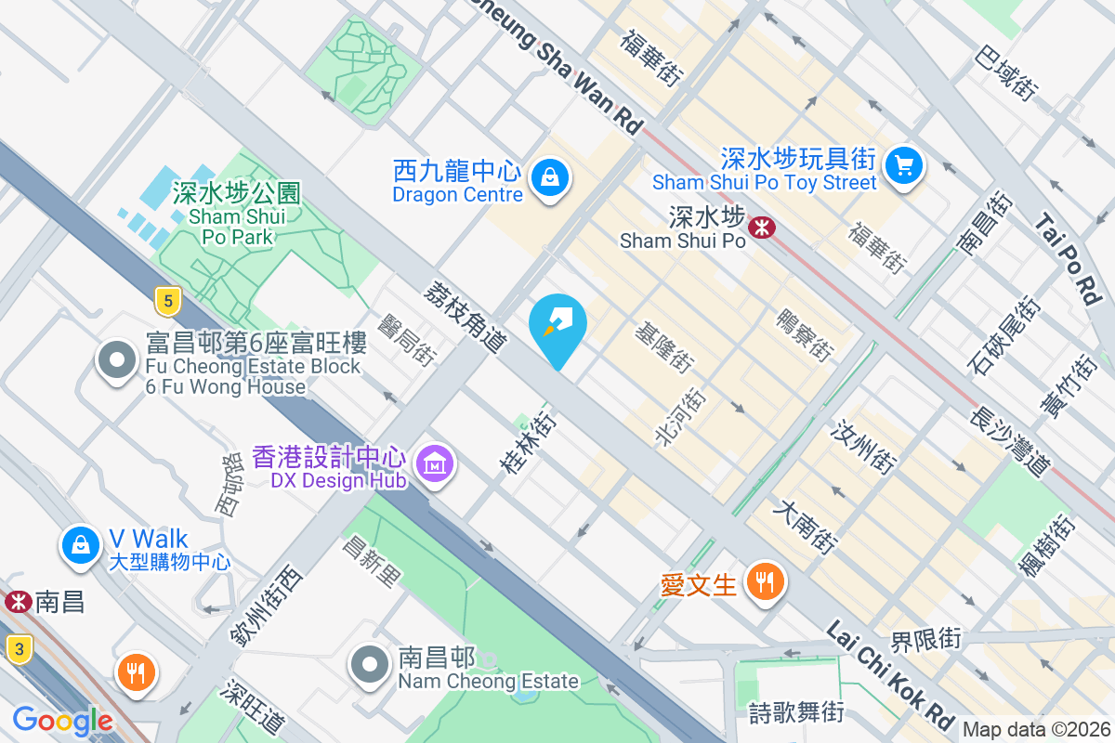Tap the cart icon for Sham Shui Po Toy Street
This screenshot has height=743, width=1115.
[902, 166]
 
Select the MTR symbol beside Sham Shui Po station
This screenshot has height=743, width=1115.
[763, 226]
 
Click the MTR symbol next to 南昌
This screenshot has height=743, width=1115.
[17, 602]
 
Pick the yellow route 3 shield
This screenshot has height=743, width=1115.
[19, 648]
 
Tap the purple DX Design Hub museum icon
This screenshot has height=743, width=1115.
[434, 463]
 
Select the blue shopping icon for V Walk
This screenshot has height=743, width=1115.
[82, 546]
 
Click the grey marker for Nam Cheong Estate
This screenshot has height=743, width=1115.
[370, 664]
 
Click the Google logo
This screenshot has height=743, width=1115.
[63, 721]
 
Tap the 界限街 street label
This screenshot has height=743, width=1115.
[925, 640]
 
